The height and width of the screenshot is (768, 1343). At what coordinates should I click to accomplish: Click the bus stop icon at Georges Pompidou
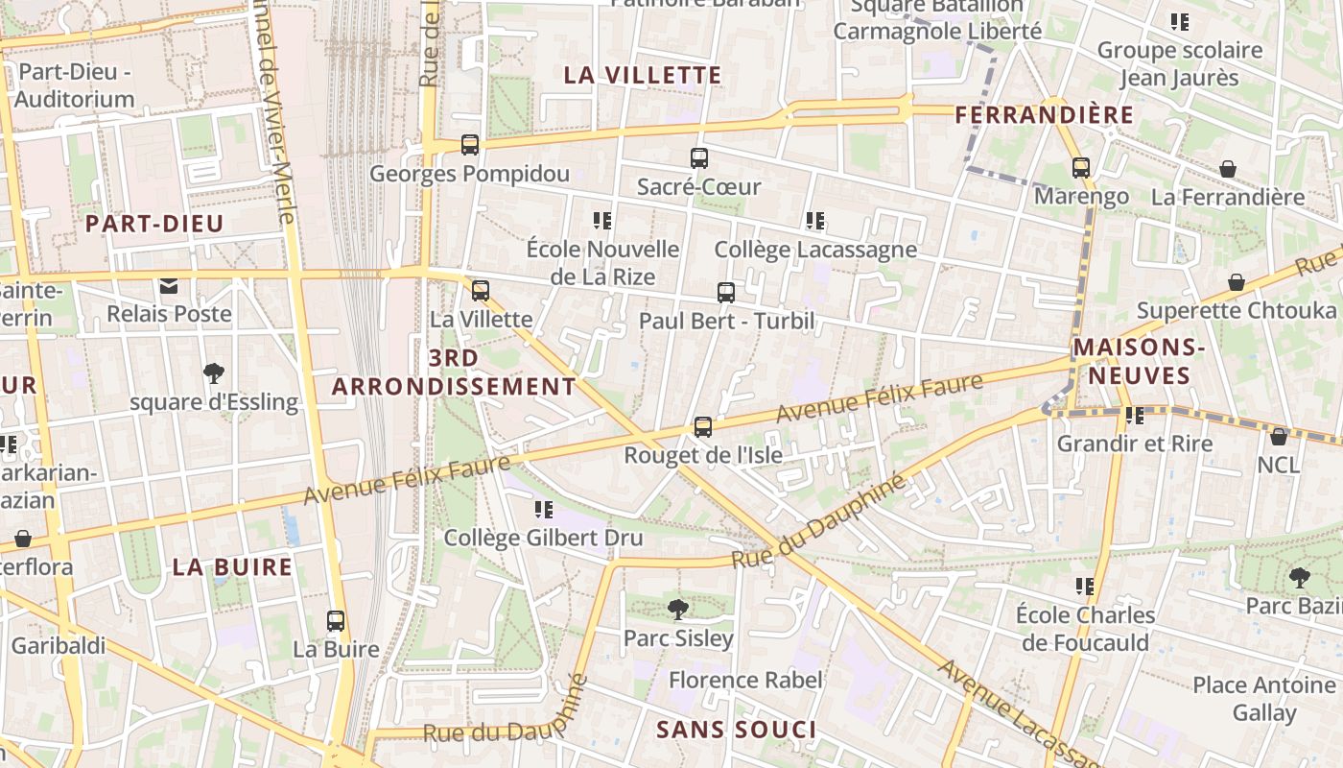470,145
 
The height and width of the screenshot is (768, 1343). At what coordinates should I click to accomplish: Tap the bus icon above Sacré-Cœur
699,158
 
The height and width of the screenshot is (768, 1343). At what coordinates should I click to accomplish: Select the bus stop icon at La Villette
481,290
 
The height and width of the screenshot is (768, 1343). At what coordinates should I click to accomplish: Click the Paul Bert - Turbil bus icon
726,293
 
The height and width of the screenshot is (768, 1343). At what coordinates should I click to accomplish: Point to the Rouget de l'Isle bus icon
703,427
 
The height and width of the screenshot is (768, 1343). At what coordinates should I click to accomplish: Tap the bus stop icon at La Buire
336,621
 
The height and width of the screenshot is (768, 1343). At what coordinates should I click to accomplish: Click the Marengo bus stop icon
1081,168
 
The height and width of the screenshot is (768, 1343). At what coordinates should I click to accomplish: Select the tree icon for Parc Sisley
678,609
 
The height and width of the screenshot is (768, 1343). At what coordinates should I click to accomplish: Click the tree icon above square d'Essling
214,373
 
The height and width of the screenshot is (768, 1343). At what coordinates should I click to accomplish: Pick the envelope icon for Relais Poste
169,285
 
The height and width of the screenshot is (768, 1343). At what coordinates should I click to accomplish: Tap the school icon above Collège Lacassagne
815,221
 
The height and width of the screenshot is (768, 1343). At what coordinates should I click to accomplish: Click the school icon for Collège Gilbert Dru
544,509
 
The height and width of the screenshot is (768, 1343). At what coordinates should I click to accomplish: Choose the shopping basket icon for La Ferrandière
1228,170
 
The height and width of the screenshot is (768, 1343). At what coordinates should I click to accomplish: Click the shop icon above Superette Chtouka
1237,282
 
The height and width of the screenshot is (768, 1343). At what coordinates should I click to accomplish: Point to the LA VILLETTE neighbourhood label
642,75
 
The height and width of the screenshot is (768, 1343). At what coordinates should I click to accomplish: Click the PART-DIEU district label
154,224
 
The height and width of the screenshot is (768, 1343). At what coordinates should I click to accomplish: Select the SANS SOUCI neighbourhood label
736,730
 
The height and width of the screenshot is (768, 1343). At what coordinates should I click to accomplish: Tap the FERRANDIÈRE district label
1045,115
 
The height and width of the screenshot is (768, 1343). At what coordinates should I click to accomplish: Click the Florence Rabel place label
745,681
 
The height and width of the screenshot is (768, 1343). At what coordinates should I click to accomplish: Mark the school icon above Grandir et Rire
1135,416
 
